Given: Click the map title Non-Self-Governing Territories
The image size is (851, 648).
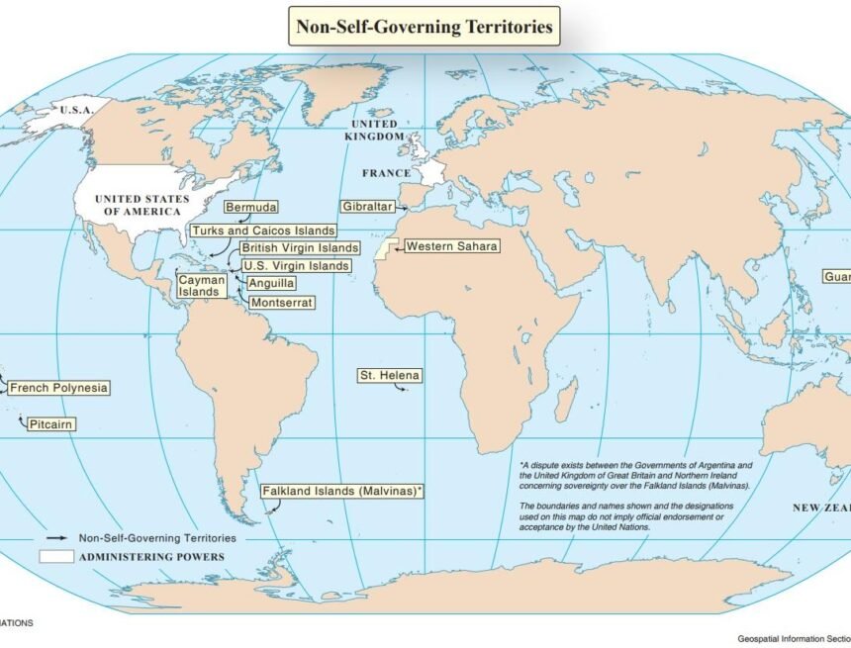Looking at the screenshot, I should pyautogui.click(x=425, y=26).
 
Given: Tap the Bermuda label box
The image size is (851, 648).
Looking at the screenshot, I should pyautogui.click(x=250, y=208).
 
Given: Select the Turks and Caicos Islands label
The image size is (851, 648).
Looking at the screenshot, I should pyautogui.click(x=262, y=231).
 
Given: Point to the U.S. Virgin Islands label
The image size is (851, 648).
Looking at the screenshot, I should pyautogui.click(x=295, y=265).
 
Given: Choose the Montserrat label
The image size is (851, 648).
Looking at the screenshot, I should pyautogui.click(x=282, y=301).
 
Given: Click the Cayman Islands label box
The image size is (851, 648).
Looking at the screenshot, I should pyautogui.click(x=202, y=286).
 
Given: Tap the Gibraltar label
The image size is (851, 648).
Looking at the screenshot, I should pyautogui.click(x=367, y=207).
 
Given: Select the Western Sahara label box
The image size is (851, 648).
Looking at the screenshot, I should pyautogui.click(x=451, y=246).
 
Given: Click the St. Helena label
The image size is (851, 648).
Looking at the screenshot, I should pyautogui.click(x=389, y=376).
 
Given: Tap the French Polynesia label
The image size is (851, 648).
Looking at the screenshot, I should pyautogui.click(x=59, y=388).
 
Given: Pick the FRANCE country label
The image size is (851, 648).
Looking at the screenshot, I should pyautogui.click(x=386, y=173).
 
